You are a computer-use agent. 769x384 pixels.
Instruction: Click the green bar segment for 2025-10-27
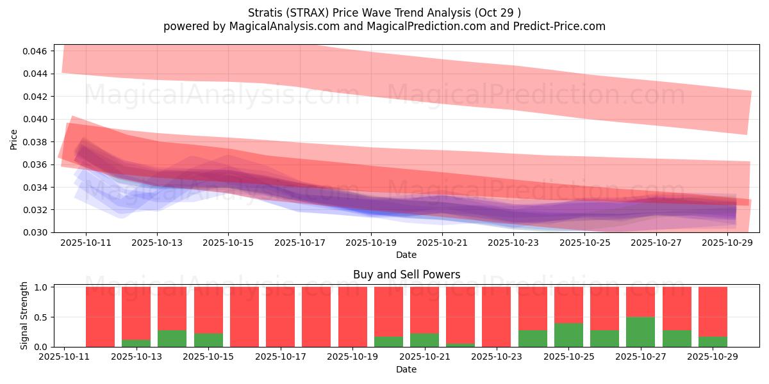pyautogui.click(x=641, y=332)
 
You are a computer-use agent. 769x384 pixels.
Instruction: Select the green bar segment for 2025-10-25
pyautogui.click(x=568, y=335)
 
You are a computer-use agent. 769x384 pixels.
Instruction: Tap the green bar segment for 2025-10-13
pyautogui.click(x=136, y=343)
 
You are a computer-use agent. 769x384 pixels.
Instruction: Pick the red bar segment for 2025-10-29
pyautogui.click(x=713, y=311)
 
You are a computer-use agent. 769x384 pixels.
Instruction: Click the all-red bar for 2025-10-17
pyautogui.click(x=280, y=317)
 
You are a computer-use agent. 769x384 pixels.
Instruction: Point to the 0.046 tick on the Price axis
pyautogui.click(x=37, y=51)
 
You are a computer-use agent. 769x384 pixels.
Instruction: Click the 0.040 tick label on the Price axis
pyautogui.click(x=37, y=119)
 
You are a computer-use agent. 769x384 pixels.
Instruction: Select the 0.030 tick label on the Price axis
pyautogui.click(x=37, y=232)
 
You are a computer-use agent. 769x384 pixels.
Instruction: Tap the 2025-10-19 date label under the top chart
pyautogui.click(x=370, y=243)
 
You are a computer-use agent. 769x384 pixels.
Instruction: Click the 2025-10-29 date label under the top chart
pyautogui.click(x=727, y=243)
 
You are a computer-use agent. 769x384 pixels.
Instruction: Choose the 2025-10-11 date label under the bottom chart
pyautogui.click(x=65, y=358)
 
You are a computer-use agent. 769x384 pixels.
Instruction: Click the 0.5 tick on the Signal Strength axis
pyautogui.click(x=42, y=317)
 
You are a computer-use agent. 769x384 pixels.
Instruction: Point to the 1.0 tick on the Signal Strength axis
pyautogui.click(x=42, y=287)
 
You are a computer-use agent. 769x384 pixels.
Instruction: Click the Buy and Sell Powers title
pyautogui.click(x=406, y=275)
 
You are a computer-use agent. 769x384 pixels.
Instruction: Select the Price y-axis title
pyautogui.click(x=14, y=139)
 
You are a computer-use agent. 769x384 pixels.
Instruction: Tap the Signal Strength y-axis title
pyautogui.click(x=24, y=316)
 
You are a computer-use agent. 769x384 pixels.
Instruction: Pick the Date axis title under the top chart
pyautogui.click(x=406, y=255)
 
